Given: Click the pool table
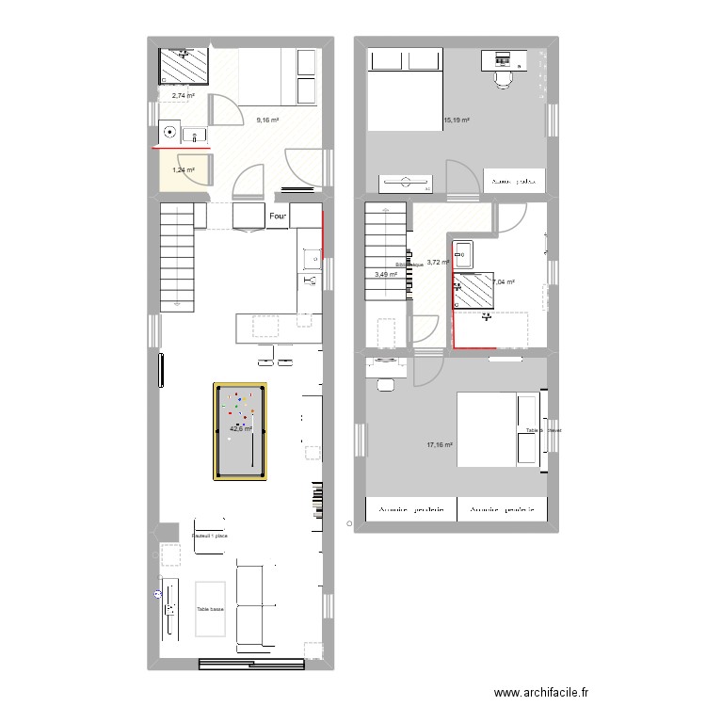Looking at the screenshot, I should point(241,431).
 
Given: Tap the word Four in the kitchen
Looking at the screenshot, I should point(278,217).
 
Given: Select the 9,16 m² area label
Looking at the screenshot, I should point(268,120).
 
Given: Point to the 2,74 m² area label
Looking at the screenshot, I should point(183,95).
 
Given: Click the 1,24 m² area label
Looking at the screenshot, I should point(183,170).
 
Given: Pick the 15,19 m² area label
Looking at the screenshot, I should point(457,120).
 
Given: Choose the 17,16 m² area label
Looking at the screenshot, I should point(441,445).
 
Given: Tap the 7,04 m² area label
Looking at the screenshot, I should point(505,281).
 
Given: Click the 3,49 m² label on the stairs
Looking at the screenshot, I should point(386,275).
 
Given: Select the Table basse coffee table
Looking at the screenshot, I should point(211,610).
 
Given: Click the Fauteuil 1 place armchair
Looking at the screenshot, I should point(210,537).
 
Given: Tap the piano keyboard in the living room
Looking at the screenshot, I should point(317,499).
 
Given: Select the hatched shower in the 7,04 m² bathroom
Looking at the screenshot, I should point(474,291).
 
